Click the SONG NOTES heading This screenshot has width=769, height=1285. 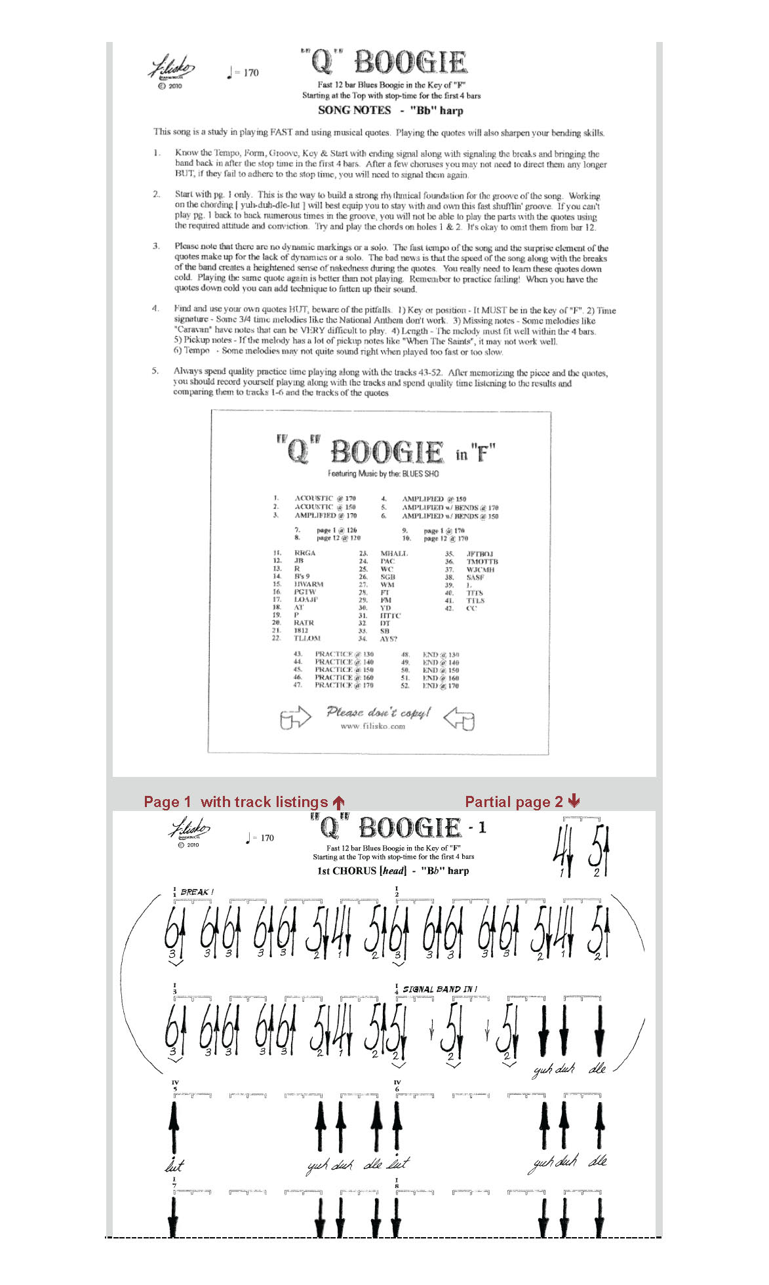[354, 110]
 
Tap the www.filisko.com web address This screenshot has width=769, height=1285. [373, 726]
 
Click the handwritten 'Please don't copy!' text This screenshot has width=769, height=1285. [378, 712]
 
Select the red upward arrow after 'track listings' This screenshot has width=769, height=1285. [338, 802]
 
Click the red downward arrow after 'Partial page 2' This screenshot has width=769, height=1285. [574, 801]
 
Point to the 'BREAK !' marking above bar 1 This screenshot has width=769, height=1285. [197, 892]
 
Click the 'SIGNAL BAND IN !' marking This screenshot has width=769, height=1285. [440, 989]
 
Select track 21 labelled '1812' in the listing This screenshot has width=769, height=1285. [301, 630]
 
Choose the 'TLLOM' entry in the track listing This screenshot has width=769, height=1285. [307, 638]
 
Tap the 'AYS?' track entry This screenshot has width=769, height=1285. [389, 639]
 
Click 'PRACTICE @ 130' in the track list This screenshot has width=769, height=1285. [344, 654]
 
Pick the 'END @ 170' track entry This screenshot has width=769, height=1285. [441, 686]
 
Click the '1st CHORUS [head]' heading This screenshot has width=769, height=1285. [362, 871]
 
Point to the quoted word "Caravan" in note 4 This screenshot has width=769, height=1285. [193, 330]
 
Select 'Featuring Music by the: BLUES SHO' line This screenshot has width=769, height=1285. [384, 473]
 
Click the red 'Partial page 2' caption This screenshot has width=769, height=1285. [514, 802]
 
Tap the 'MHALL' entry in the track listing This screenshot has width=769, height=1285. [394, 553]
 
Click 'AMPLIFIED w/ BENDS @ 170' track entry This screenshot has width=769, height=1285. [450, 507]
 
